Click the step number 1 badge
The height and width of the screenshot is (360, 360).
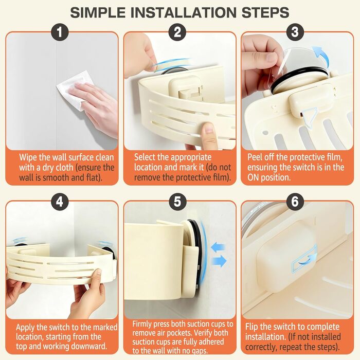coord(60,32)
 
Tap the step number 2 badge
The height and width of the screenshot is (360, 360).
coord(177,32)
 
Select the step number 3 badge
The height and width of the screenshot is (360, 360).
coord(295,32)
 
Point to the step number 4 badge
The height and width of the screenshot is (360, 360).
coord(60,202)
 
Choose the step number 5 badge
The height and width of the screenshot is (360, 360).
coord(177,202)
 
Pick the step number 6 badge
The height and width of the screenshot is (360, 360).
coord(295,202)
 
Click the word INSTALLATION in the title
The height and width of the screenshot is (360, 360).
coord(184,12)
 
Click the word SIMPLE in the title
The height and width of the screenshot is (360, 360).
coord(98,12)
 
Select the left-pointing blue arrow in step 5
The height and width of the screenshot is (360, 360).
coord(218,248)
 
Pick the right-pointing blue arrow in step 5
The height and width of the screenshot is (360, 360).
coord(219,261)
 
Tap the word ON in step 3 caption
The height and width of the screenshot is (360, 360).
coord(253,177)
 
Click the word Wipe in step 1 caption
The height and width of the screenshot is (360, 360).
coord(28,158)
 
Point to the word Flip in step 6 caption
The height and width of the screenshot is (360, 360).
coord(252,327)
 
